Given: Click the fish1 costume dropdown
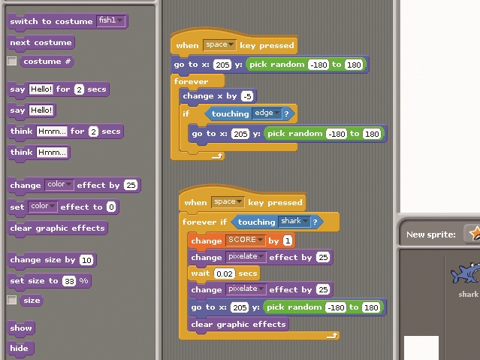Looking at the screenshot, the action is click(111, 20).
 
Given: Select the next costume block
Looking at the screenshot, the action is click(41, 43).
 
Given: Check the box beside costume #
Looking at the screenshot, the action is click(11, 61).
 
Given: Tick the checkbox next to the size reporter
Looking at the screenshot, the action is click(11, 300).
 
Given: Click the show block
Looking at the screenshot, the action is click(21, 328).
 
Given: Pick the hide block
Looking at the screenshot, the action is click(20, 349).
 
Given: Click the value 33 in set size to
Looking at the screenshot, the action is click(70, 281).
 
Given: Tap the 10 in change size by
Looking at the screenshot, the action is click(86, 260).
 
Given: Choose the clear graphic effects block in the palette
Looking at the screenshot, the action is click(57, 228).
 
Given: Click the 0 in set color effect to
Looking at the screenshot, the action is click(111, 207).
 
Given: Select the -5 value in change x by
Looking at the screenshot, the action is click(247, 96).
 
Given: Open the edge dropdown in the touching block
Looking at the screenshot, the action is click(267, 113).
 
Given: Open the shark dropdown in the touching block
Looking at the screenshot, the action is click(294, 221).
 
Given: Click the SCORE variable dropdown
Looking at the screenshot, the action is click(245, 240).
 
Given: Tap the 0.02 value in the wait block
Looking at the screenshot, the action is click(225, 274).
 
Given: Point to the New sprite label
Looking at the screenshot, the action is click(430, 234).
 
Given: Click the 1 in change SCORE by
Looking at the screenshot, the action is click(288, 241).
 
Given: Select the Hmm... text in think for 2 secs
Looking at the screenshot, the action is click(52, 132).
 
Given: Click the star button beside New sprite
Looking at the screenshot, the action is click(473, 234).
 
